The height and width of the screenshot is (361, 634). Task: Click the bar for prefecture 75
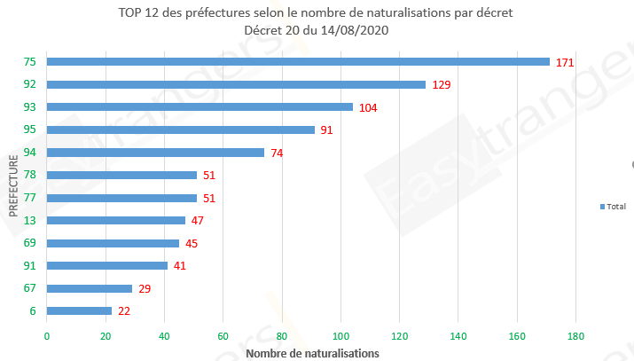[x=298, y=62]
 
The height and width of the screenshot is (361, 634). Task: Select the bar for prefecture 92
[x=236, y=84]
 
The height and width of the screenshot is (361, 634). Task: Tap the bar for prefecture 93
[x=200, y=107]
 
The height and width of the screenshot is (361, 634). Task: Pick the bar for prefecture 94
[x=155, y=153]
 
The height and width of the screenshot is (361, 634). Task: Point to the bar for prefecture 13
[x=115, y=220]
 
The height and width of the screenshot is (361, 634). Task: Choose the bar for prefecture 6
[x=79, y=310]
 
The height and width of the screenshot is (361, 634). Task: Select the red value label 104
[x=368, y=107]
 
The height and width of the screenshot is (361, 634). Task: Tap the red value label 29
[x=145, y=288]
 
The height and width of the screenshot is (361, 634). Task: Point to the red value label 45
[x=192, y=243]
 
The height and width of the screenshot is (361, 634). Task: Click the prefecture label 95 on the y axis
[x=30, y=129]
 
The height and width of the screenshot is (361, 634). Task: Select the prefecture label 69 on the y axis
[x=30, y=243]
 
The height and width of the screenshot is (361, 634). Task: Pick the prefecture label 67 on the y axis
[x=30, y=288]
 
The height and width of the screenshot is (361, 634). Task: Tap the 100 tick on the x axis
[x=340, y=336]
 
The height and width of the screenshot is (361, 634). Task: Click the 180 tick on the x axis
[x=575, y=336]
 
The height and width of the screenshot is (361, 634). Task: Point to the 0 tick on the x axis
[x=47, y=336]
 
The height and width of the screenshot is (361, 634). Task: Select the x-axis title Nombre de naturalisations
[x=312, y=353]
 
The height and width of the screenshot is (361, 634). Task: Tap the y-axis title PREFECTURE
[x=14, y=186]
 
